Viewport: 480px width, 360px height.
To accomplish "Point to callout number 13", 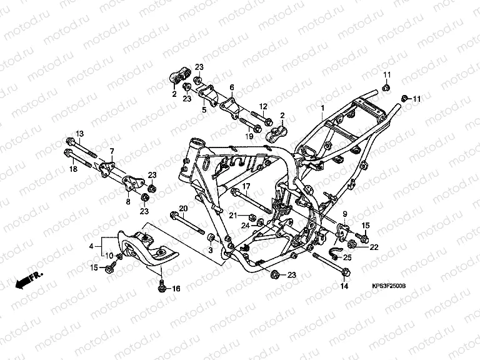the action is tap(80, 134).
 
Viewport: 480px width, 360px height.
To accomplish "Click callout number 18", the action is tap(73, 169).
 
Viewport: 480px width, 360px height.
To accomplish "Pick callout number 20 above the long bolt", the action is tap(183, 208).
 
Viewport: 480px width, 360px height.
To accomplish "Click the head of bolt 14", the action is tap(346, 271).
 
